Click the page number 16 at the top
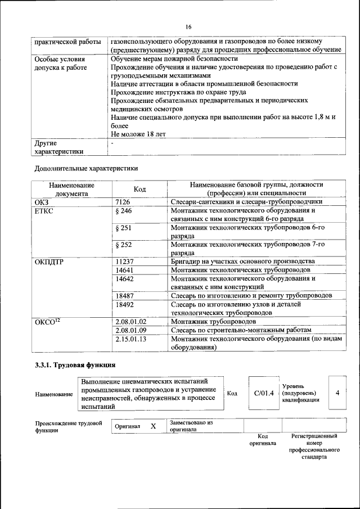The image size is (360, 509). coord(188,27)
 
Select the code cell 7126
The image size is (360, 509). coord(123,201)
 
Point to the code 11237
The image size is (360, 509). coord(125,262)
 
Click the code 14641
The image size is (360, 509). coord(125,270)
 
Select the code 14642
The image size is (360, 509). coord(125,278)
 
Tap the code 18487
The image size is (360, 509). coord(125,295)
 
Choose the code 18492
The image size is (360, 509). coord(125,304)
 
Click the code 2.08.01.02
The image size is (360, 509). coord(130,321)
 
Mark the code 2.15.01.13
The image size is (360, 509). coord(130,339)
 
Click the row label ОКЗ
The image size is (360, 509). coord(43,201)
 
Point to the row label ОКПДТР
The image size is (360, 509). coord(49,262)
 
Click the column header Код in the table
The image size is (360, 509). coord(140,189)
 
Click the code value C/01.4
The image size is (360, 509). coord(263,393)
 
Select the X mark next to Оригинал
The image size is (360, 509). coord(153,426)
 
